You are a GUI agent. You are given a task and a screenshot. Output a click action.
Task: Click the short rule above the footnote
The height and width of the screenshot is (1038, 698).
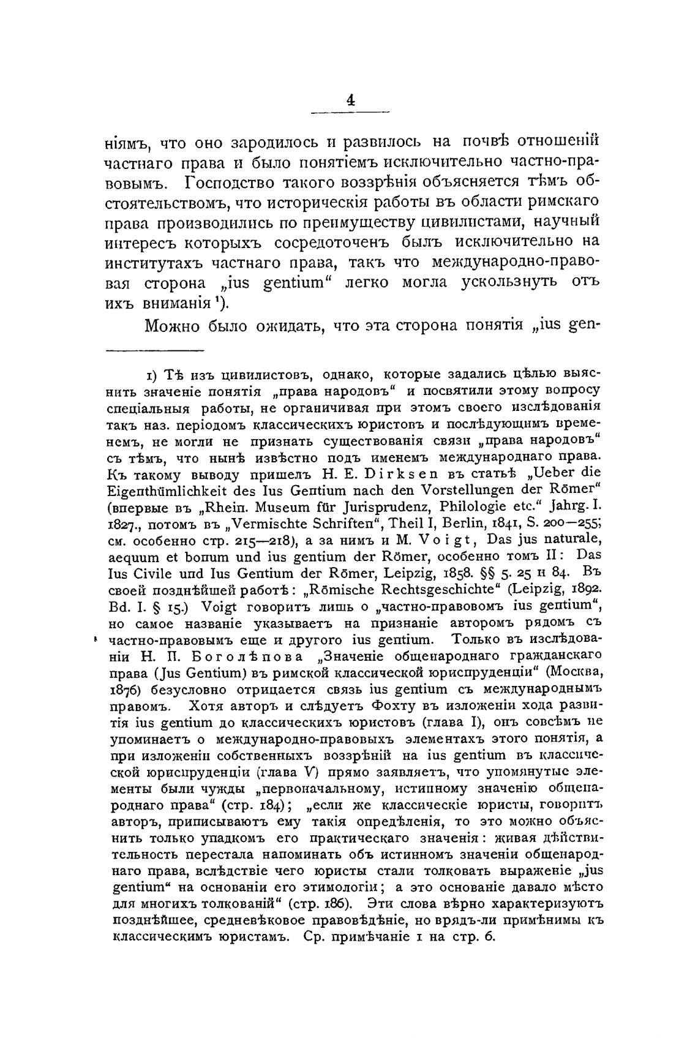(x=154, y=351)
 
